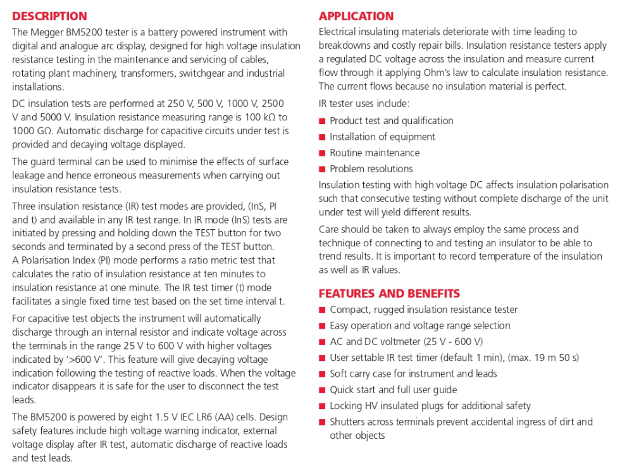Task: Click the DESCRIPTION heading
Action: [x=49, y=16]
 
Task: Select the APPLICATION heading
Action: [x=356, y=16]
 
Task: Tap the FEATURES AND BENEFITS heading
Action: [x=389, y=294]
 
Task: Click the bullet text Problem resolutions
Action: [x=371, y=169]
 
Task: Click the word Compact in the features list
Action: [x=349, y=310]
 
